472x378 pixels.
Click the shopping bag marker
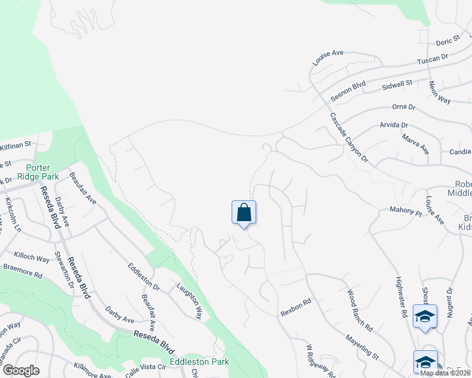point(244,213)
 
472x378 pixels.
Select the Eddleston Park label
point(199,362)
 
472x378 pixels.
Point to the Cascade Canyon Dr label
point(348,137)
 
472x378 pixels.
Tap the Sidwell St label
point(397,84)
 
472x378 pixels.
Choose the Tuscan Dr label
point(432,61)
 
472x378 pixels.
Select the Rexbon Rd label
point(296,307)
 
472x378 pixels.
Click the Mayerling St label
point(361,347)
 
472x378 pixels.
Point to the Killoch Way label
point(32,258)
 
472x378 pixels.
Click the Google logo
point(20,370)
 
